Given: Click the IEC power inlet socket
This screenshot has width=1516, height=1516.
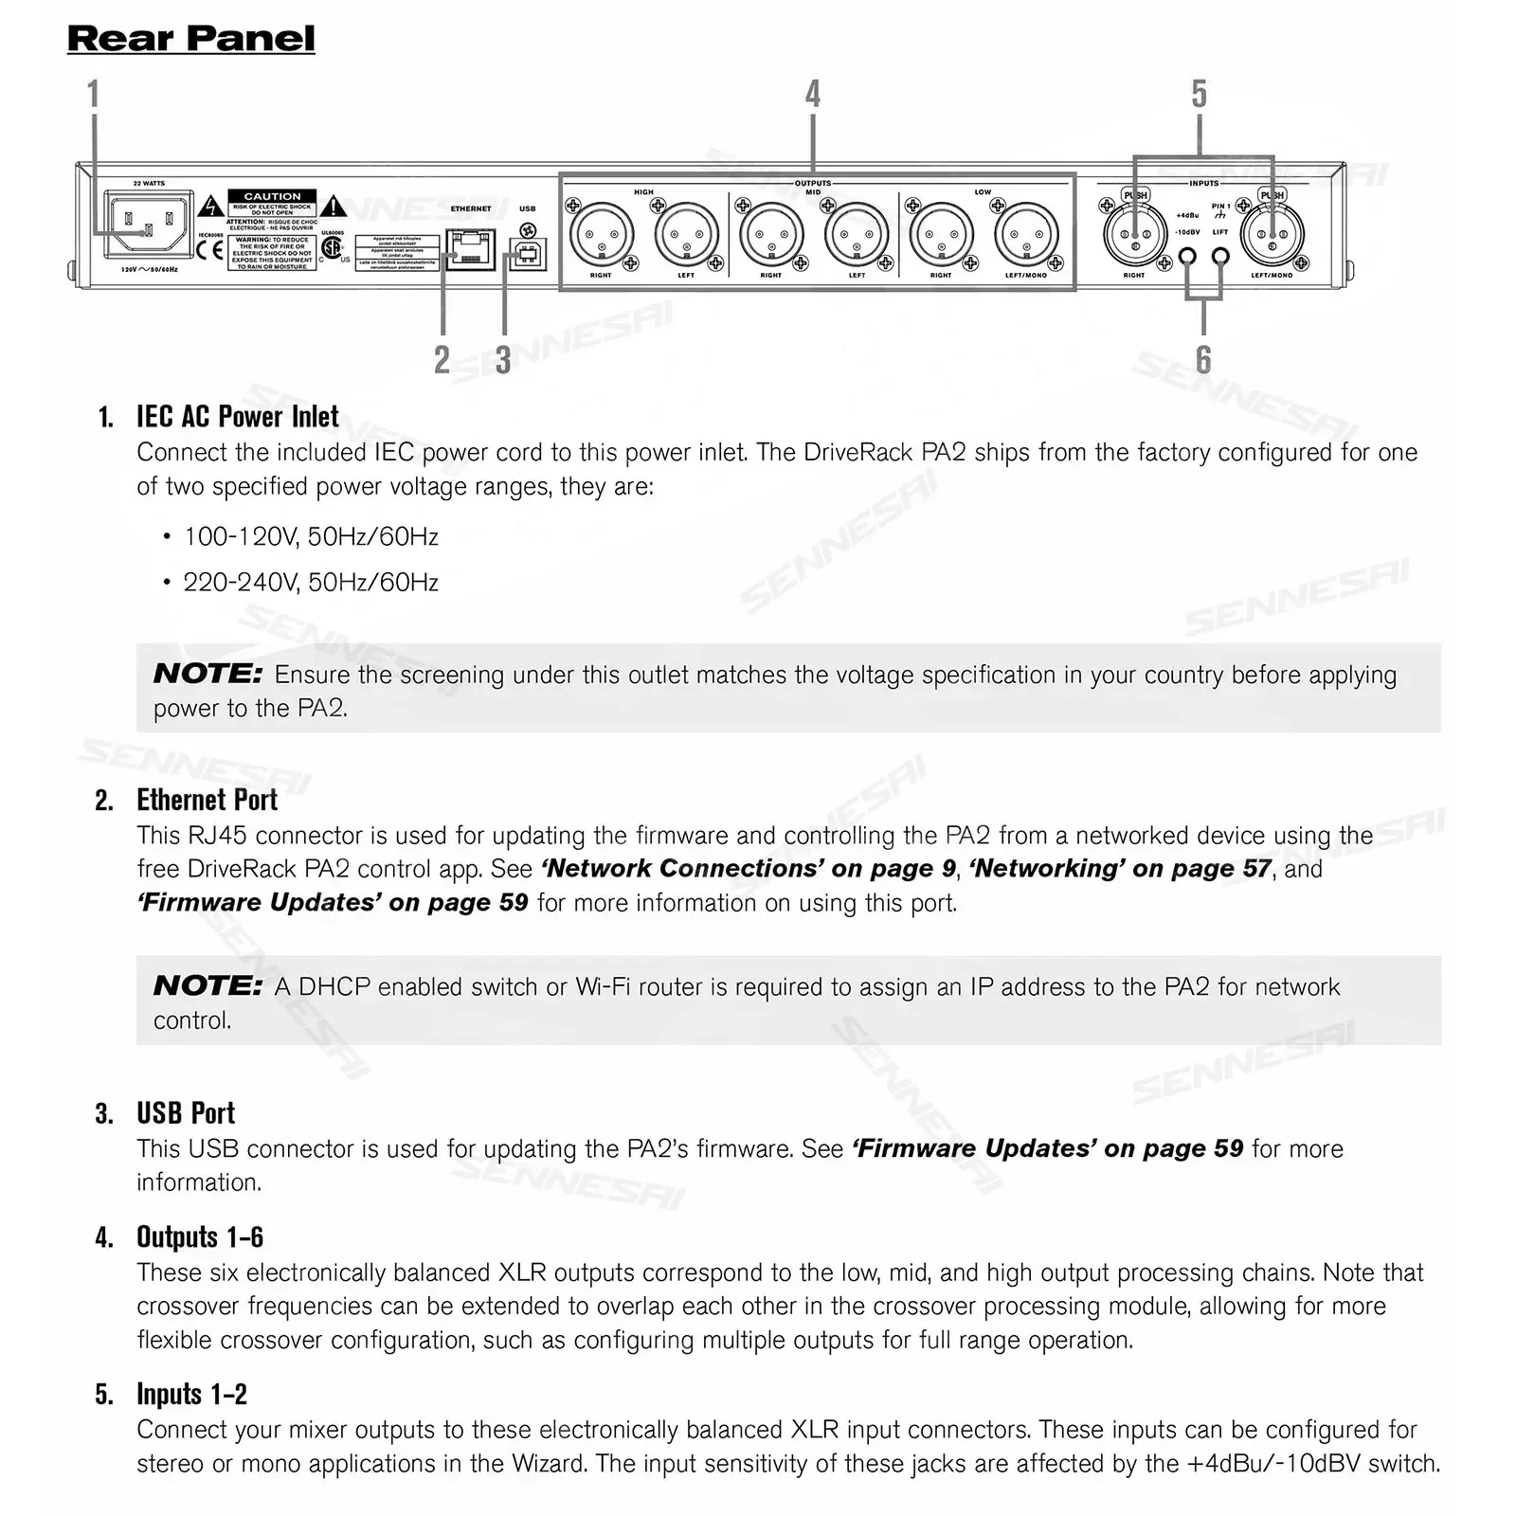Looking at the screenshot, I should coord(144,224).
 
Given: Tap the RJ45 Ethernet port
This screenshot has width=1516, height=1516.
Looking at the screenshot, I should coord(470,249).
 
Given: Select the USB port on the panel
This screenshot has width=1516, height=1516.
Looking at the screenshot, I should coord(528,254).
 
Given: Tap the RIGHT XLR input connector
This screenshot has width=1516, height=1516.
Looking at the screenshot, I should coord(1135,234).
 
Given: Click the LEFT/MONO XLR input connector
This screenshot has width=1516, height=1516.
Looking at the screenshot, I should coord(1272,234).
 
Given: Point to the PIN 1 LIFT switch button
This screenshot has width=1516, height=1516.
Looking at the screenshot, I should coord(1220,256).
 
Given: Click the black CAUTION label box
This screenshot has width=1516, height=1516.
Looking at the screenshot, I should coord(272,196).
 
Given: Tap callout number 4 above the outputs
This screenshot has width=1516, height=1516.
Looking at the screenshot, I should coord(812,94).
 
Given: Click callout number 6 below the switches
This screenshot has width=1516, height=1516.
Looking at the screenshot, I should coord(1203,360).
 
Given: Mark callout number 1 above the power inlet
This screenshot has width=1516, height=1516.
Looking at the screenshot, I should coord(93,94).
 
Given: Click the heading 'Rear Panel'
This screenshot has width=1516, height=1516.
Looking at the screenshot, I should coord(190,39).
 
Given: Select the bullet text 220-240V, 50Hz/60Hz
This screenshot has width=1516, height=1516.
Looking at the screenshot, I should coord(311,582).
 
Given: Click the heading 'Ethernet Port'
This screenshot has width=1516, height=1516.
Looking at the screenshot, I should coord(207,800).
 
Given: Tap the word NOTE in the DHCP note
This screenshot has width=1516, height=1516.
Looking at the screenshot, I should coord(208,985).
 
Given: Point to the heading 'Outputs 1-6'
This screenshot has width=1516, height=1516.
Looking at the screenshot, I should coord(199,1236).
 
